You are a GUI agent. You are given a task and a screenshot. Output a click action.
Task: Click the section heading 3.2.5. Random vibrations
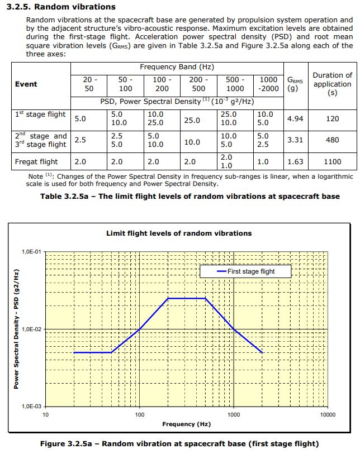tap(61, 7)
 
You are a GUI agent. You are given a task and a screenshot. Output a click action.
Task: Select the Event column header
tap(26, 84)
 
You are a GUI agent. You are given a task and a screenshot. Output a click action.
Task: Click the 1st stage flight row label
tap(40, 114)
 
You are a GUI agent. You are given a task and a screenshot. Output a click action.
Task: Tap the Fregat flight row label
tap(36, 162)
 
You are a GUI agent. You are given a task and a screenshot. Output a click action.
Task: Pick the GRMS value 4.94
tap(295, 119)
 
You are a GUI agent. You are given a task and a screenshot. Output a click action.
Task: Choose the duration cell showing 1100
tap(332, 162)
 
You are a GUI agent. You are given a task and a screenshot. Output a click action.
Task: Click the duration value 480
tap(332, 140)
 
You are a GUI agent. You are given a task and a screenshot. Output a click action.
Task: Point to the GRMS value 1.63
tap(295, 162)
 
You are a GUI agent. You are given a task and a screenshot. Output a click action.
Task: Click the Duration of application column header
tap(332, 84)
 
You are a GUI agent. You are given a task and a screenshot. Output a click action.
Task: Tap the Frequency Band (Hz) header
tap(176, 67)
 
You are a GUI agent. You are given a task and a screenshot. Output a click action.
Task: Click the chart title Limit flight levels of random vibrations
tap(179, 233)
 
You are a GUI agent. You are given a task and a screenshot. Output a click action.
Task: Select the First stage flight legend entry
tap(250, 271)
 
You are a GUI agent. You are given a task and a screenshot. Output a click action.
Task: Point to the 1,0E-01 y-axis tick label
tap(32, 252)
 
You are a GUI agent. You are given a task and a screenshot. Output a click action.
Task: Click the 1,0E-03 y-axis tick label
tap(32, 407)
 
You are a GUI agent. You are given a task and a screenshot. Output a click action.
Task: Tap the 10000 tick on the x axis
tap(328, 415)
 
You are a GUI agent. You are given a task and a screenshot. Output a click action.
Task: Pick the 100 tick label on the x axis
tap(140, 415)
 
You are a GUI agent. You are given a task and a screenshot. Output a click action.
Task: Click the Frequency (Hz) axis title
tap(186, 424)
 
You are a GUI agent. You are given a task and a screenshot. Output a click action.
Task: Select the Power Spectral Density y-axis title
tap(17, 329)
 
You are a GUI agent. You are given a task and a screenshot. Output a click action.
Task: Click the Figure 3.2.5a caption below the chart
tap(179, 444)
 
